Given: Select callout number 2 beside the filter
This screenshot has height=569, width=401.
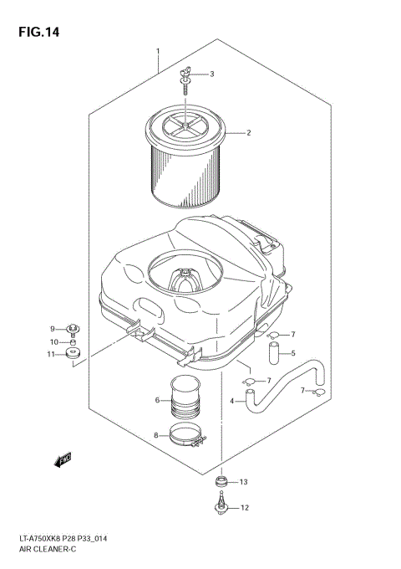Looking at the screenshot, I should (248, 132).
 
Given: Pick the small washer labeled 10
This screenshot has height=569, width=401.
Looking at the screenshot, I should (73, 342).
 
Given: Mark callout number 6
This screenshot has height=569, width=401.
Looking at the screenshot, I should (156, 400).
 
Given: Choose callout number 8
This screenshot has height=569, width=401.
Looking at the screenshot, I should (155, 434).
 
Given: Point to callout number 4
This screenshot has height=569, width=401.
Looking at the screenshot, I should (231, 401).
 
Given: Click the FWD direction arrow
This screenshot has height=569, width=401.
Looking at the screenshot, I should (62, 458).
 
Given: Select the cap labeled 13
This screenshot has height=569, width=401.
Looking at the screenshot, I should (221, 483).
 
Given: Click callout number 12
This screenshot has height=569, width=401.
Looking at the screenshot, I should (244, 508).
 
